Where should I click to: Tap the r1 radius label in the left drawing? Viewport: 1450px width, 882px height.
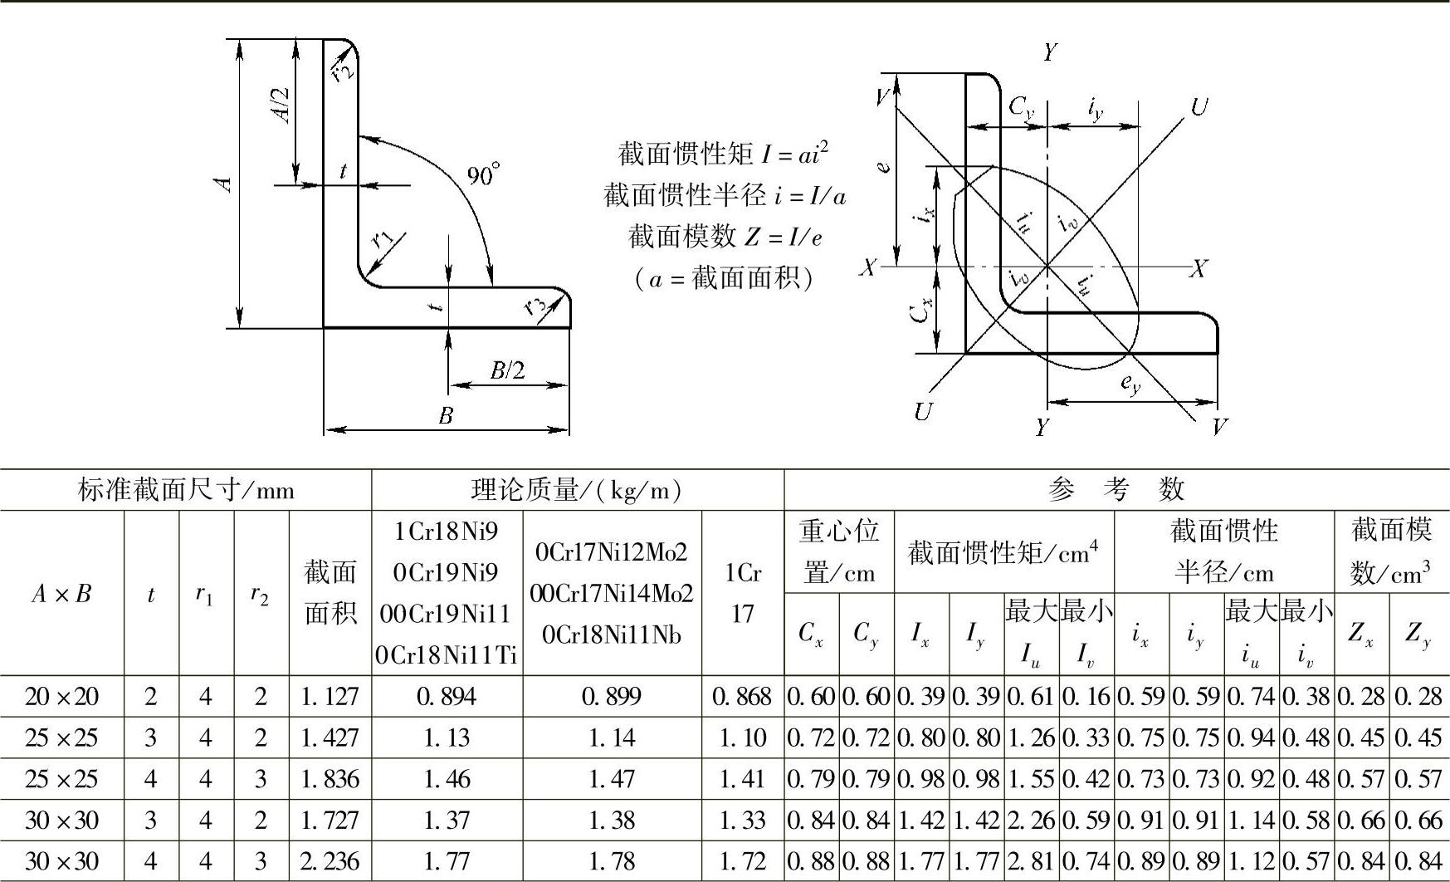click(383, 240)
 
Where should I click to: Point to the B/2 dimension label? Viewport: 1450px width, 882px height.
click(507, 370)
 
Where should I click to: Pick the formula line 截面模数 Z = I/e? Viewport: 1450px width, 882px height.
click(725, 237)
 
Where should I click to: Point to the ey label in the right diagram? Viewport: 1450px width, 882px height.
click(1130, 384)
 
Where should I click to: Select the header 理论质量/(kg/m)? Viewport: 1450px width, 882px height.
click(578, 490)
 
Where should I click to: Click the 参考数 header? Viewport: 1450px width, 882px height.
click(1116, 490)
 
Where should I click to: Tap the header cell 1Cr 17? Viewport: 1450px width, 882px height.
click(743, 593)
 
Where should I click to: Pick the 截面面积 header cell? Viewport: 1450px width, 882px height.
click(330, 593)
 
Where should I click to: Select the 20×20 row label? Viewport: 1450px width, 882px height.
click(61, 697)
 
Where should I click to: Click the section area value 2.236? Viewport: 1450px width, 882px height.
click(330, 862)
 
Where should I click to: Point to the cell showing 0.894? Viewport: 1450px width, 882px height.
click(447, 697)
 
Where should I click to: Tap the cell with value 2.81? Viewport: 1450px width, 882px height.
click(1031, 862)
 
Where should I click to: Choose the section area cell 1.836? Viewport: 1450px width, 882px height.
click(330, 779)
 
